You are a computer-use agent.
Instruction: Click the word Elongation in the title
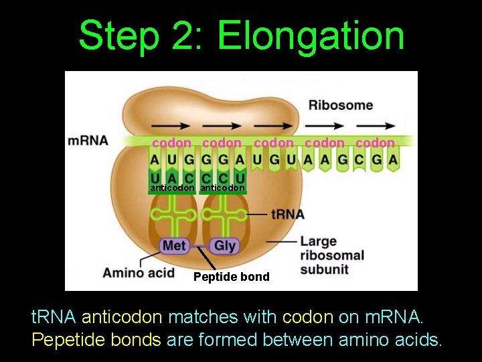tap(311, 36)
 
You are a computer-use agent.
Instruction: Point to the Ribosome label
tap(341, 105)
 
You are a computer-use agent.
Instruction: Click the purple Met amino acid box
tap(173, 245)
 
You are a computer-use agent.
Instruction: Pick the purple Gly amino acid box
tap(225, 245)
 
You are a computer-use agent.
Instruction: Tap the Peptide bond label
tap(231, 277)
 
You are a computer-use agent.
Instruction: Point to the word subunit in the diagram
tap(324, 269)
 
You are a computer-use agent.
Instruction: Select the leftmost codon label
tap(171, 143)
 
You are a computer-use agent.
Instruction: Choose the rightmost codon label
tap(375, 143)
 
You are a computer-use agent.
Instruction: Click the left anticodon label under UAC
tap(172, 188)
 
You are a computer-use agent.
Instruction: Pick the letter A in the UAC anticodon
tap(171, 178)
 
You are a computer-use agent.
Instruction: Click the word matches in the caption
tap(195, 316)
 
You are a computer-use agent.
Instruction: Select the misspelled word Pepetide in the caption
tap(64, 340)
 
